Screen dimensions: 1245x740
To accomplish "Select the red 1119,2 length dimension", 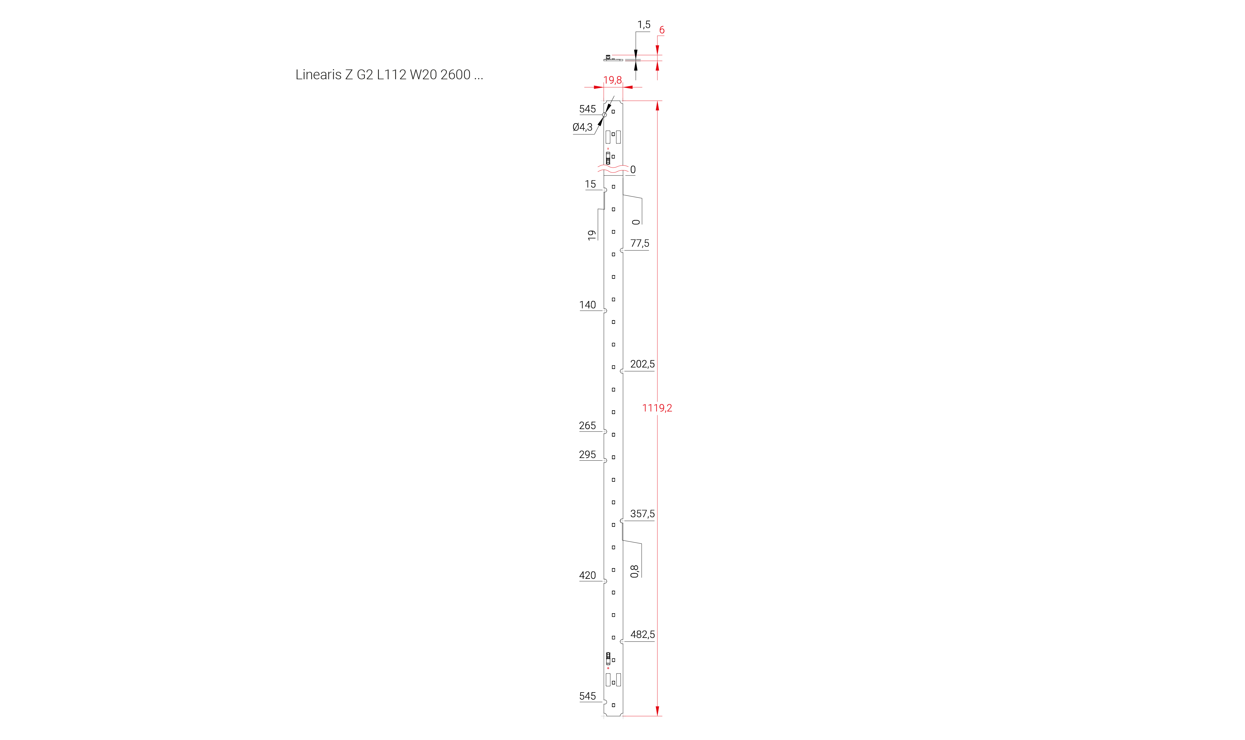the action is click(656, 408).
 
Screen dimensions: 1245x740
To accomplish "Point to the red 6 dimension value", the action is click(662, 30).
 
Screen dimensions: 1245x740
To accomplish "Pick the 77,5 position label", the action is click(640, 243).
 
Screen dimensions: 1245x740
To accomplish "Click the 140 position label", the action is click(587, 305).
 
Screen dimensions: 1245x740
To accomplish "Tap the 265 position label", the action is click(587, 425).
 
